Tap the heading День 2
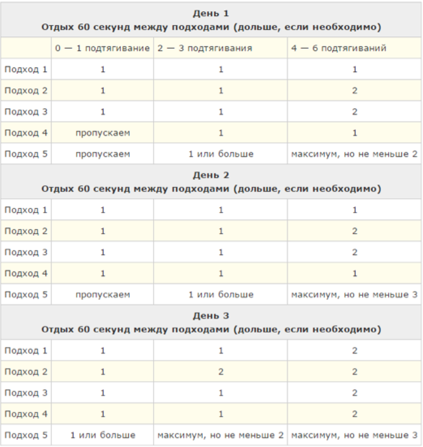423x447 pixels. click(x=211, y=175)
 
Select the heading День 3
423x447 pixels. click(x=211, y=316)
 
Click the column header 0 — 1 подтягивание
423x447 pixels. click(x=102, y=48)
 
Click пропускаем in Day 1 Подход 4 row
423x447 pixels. click(x=102, y=132)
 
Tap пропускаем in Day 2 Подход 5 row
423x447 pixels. click(x=102, y=294)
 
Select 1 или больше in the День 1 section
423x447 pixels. click(x=220, y=153)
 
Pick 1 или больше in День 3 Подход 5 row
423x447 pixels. click(x=102, y=435)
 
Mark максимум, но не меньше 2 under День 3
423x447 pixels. click(x=220, y=435)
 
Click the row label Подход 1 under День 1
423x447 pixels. click(x=25, y=69)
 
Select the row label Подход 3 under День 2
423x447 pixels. click(x=25, y=252)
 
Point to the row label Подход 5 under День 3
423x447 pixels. click(x=25, y=435)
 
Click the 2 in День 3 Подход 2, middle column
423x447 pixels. click(x=220, y=371)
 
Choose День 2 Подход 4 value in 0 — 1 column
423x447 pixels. click(x=102, y=273)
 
